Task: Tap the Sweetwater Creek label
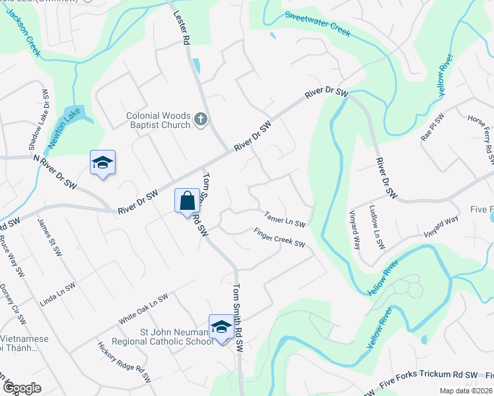[317, 23]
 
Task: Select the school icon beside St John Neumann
[221, 327]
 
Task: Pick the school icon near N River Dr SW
[102, 162]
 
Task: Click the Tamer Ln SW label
[285, 218]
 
